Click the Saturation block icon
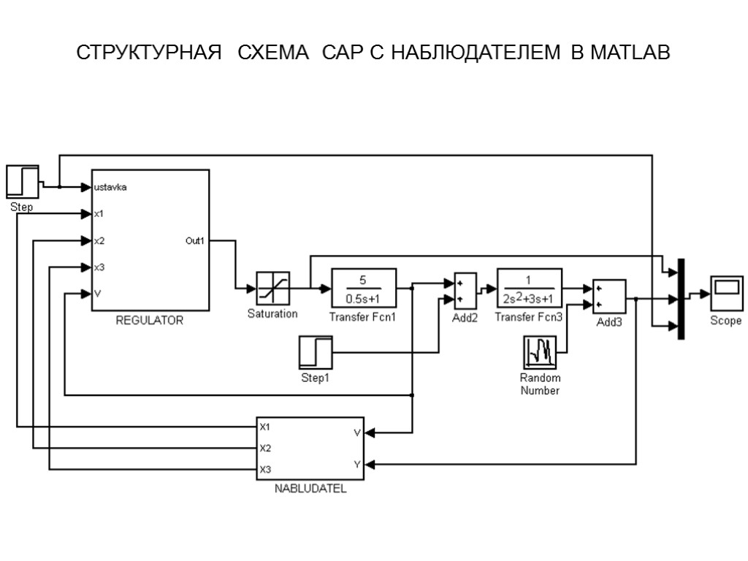click(x=272, y=289)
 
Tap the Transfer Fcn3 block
click(x=530, y=288)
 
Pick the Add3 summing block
click(x=609, y=297)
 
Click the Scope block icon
click(x=726, y=294)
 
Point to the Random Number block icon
click(x=540, y=353)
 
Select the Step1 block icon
click(x=316, y=353)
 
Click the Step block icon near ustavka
click(x=22, y=181)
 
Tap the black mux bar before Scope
click(x=681, y=299)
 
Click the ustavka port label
click(x=111, y=188)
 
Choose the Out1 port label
click(x=195, y=240)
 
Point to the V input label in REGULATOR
click(x=98, y=294)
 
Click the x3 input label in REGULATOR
click(x=99, y=267)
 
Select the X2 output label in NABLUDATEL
click(x=266, y=448)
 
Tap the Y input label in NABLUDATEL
click(x=356, y=464)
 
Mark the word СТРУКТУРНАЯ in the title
click(x=149, y=54)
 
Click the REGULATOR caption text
click(x=150, y=320)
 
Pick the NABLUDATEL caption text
click(x=310, y=489)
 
